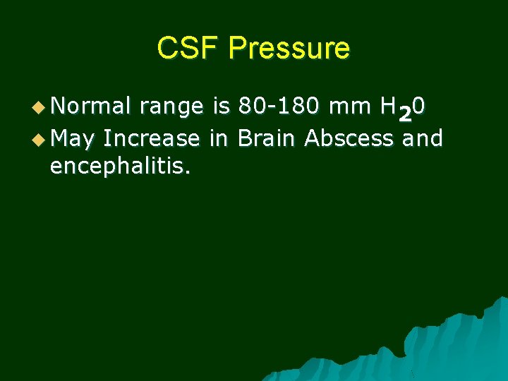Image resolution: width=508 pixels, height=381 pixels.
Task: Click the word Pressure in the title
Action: pos(289,49)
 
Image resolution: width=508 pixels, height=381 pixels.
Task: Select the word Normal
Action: pos(91,107)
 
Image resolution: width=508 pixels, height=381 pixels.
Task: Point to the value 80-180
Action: pos(277,107)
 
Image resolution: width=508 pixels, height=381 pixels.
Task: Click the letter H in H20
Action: pos(388,107)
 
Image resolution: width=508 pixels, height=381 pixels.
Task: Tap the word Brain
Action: pos(268,138)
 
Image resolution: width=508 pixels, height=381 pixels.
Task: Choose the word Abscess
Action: pos(349,138)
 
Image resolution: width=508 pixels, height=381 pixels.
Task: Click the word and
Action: pos(422,138)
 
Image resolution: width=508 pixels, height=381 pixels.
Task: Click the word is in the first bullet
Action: pos(221,107)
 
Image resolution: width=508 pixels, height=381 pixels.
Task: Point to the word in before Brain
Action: pos(219,138)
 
